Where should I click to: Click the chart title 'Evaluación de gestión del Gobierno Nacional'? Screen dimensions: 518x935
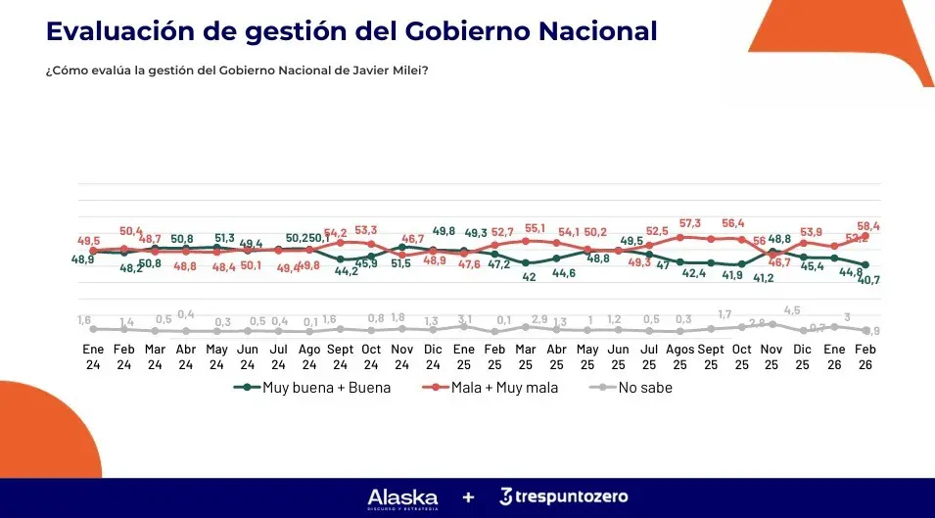(351, 30)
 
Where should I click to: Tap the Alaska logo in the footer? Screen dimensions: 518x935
(402, 497)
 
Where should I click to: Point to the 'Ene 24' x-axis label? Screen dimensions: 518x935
(93, 357)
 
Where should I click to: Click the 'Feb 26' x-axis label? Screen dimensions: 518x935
(865, 357)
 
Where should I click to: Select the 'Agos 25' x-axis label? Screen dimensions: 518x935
(679, 357)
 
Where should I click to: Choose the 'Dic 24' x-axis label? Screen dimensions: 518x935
(433, 357)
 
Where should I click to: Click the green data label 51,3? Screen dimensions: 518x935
(224, 237)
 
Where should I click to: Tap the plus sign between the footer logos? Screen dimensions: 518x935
(468, 497)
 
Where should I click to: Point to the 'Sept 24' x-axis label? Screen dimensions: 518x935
(340, 357)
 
